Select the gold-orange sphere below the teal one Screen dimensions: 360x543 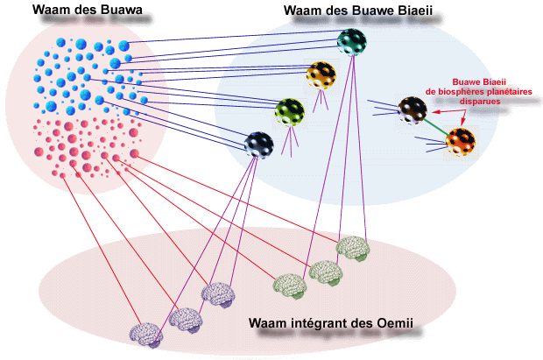coord(321,75)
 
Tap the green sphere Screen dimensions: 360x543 coord(290,110)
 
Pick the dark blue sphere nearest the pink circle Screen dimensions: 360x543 coord(259,143)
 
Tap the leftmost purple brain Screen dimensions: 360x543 coord(145,334)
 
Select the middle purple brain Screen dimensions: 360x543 coord(185,319)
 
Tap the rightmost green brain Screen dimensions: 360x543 coord(352,248)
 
